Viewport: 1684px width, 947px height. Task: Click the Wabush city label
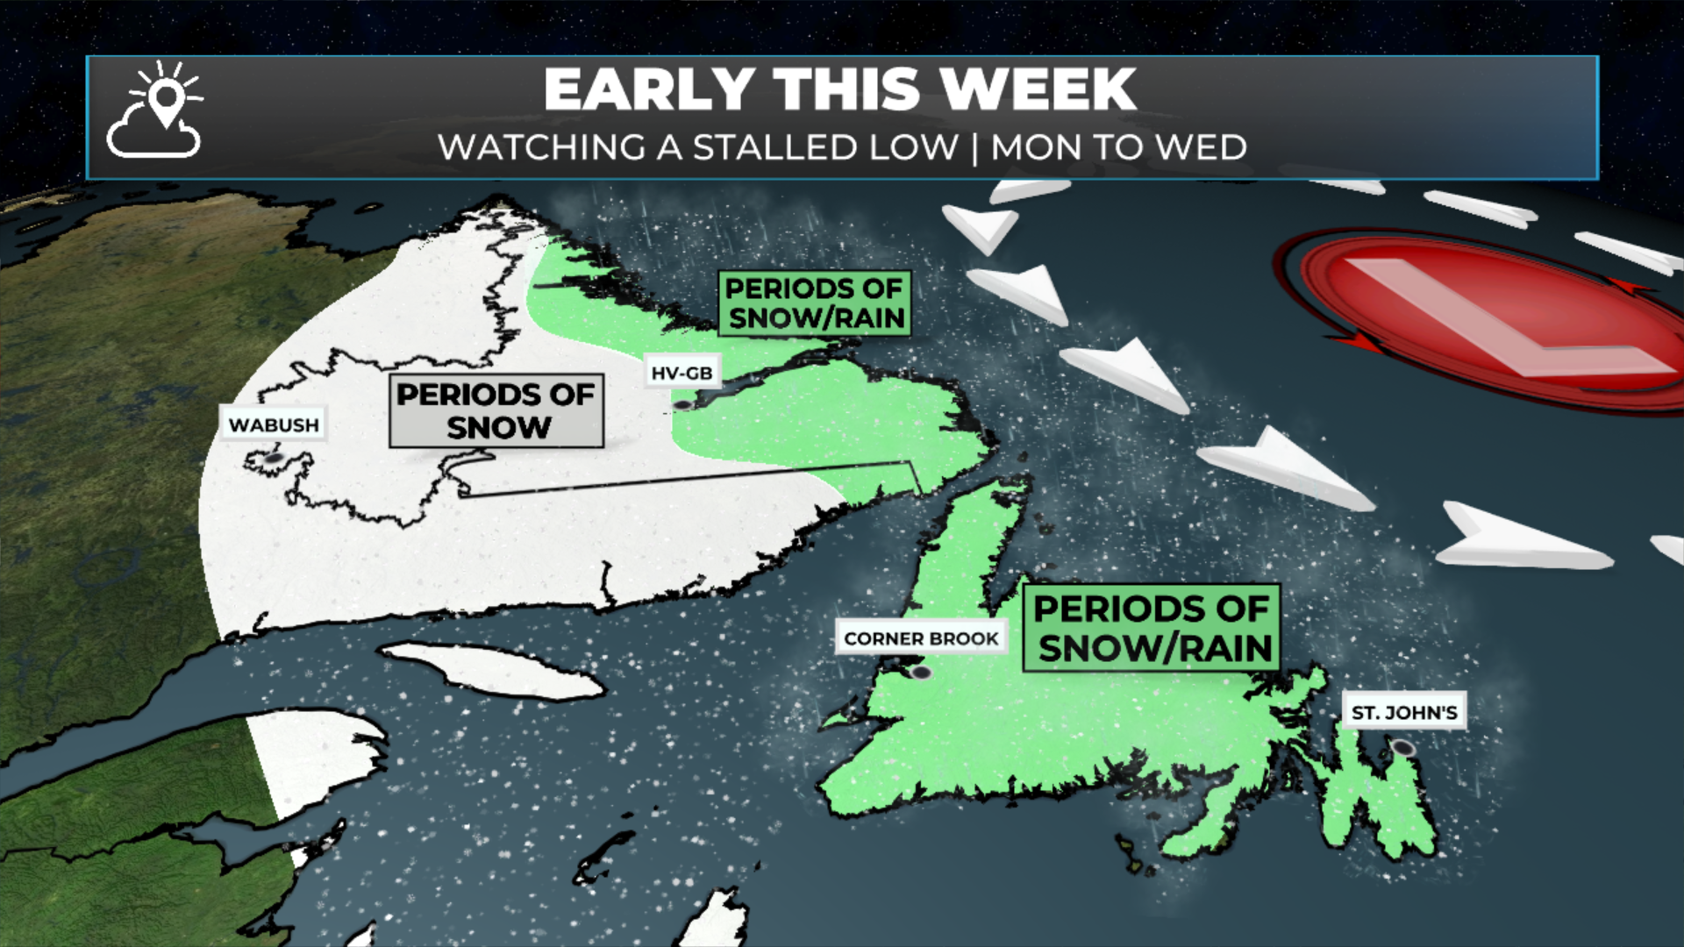(274, 424)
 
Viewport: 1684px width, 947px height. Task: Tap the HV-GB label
(681, 373)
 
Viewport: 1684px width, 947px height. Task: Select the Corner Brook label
(921, 638)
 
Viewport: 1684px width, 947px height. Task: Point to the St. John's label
(1403, 712)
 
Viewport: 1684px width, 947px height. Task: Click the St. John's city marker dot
(1403, 748)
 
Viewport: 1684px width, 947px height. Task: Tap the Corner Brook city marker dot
(921, 673)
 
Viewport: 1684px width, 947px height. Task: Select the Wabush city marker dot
(274, 458)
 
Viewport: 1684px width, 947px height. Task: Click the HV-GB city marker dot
(681, 405)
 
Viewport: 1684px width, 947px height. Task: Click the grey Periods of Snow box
(496, 411)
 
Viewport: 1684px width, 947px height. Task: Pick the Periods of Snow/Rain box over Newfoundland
(1152, 628)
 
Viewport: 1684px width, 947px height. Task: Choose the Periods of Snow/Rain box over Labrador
(814, 303)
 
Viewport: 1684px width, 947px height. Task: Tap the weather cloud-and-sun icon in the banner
(155, 111)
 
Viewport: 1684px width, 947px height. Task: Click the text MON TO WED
(1118, 147)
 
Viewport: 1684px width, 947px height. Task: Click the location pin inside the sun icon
(166, 99)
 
